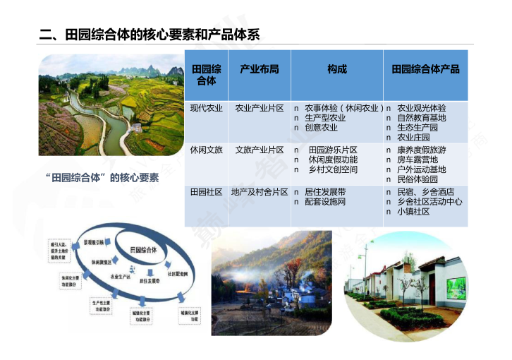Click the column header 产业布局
(x=259, y=69)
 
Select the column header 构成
(x=336, y=69)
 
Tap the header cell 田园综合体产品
(x=425, y=69)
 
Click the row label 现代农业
(x=206, y=108)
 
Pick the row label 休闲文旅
(x=206, y=150)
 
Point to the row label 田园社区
(x=206, y=192)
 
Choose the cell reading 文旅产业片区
(x=259, y=150)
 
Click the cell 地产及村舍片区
(x=259, y=192)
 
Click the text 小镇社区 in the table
(x=413, y=212)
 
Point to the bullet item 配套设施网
(x=325, y=202)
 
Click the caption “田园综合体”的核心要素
(x=102, y=177)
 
